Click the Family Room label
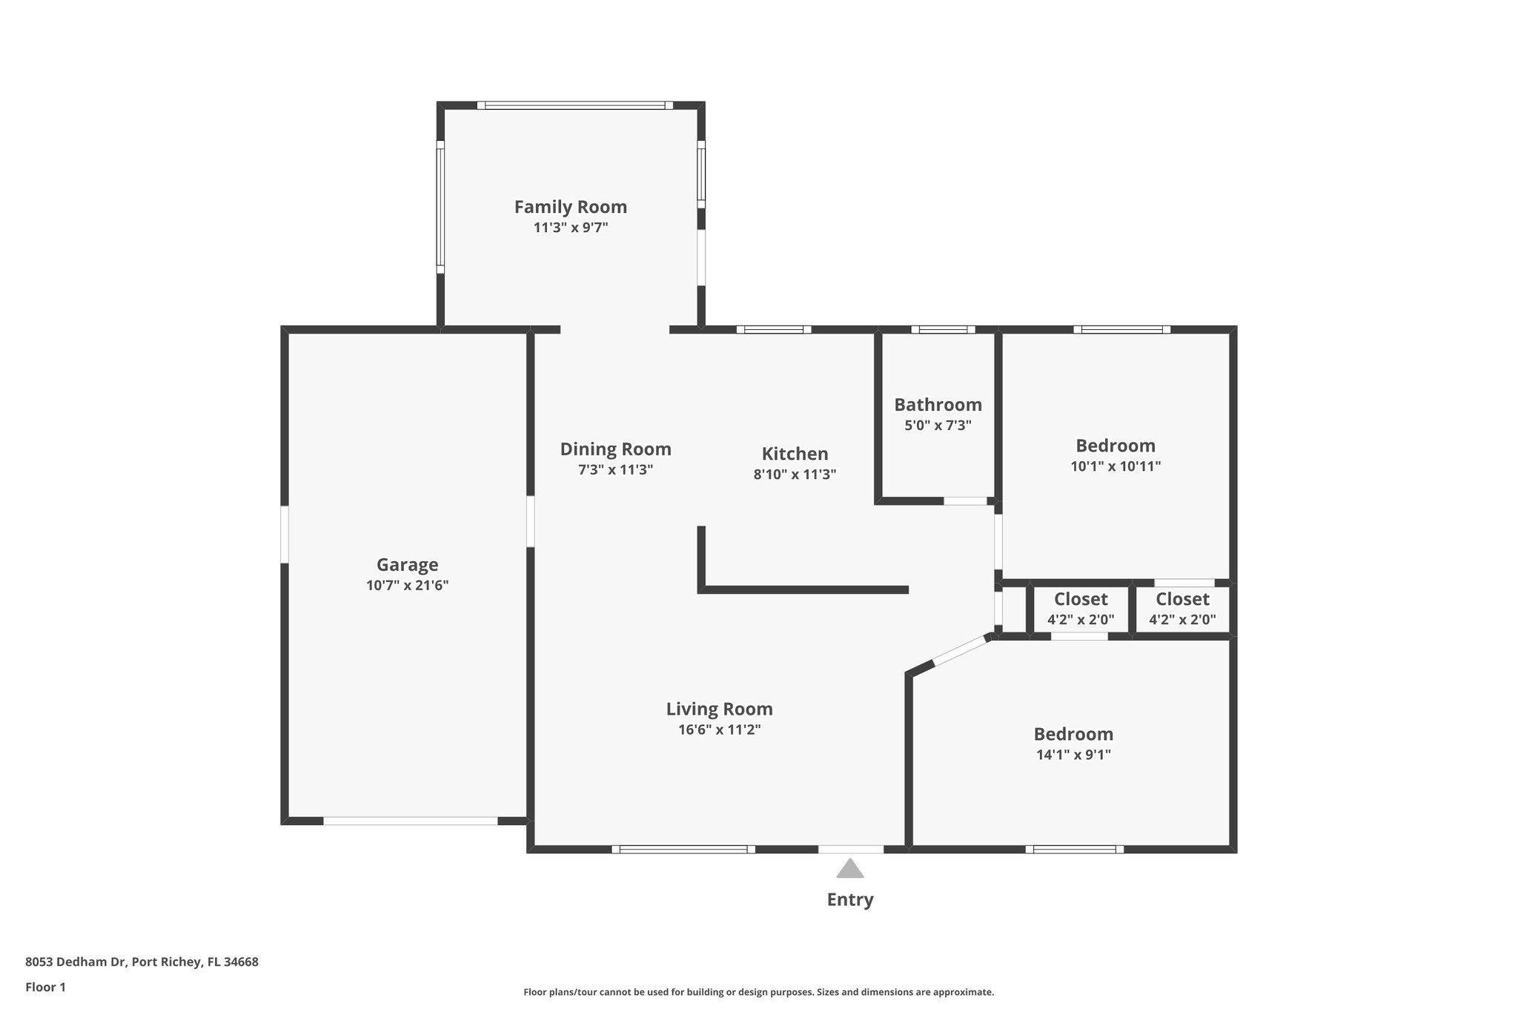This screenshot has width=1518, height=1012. pyautogui.click(x=570, y=207)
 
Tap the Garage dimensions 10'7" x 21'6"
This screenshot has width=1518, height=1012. pyautogui.click(x=407, y=585)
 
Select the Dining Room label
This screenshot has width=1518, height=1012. pyautogui.click(x=615, y=449)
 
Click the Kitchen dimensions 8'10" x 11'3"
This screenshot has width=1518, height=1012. pyautogui.click(x=795, y=474)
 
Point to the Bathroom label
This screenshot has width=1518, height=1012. pyautogui.click(x=938, y=405)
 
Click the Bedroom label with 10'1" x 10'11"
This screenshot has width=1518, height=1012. pyautogui.click(x=1115, y=446)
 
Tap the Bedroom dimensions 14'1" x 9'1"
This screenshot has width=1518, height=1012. pyautogui.click(x=1073, y=755)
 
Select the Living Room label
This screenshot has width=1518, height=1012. pyautogui.click(x=719, y=709)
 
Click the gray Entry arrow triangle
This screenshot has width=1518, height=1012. pyautogui.click(x=850, y=869)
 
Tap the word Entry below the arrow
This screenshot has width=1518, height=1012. pyautogui.click(x=850, y=899)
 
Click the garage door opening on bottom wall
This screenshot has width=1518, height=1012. pyautogui.click(x=410, y=821)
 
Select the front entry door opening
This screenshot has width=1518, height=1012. pyautogui.click(x=851, y=849)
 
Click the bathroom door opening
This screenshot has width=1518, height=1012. pyautogui.click(x=965, y=501)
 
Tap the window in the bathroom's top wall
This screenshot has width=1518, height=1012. pyautogui.click(x=943, y=329)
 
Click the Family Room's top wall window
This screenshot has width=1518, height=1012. pyautogui.click(x=574, y=105)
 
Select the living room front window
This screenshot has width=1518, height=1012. pyautogui.click(x=683, y=849)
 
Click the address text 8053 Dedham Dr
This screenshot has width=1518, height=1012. pyautogui.click(x=142, y=962)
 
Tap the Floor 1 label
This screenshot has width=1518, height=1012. pyautogui.click(x=45, y=987)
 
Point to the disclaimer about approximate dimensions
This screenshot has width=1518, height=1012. pyautogui.click(x=758, y=992)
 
